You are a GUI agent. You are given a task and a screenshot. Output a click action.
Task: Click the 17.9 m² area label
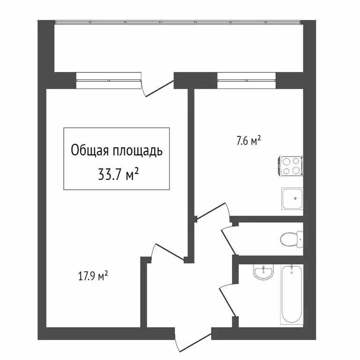(93, 276)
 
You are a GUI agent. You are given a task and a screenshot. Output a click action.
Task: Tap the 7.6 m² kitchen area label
(248, 141)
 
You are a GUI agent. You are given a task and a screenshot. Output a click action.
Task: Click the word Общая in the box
(90, 151)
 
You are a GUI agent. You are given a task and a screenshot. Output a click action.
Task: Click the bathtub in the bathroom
(292, 294)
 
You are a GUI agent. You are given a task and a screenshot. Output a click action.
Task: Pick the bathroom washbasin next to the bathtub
(262, 272)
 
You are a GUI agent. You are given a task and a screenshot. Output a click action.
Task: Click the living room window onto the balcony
(109, 80)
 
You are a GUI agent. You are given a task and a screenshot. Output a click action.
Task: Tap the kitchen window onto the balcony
(247, 80)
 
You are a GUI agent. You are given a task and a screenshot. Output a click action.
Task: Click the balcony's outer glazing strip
(178, 22)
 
